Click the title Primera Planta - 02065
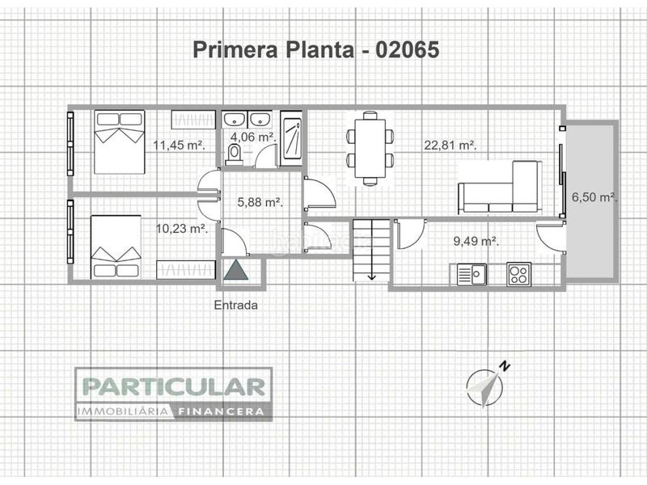[316, 50]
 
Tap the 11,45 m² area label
[179, 145]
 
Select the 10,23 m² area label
[181, 229]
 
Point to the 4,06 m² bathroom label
[253, 137]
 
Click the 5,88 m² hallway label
[259, 202]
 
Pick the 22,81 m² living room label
[450, 145]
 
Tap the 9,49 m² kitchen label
[475, 240]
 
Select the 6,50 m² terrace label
[594, 196]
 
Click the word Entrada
[236, 306]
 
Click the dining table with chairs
[370, 148]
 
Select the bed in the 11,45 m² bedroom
[118, 141]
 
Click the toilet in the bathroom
[235, 154]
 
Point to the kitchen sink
[471, 275]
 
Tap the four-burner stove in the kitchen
[518, 275]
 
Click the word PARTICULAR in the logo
[173, 386]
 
